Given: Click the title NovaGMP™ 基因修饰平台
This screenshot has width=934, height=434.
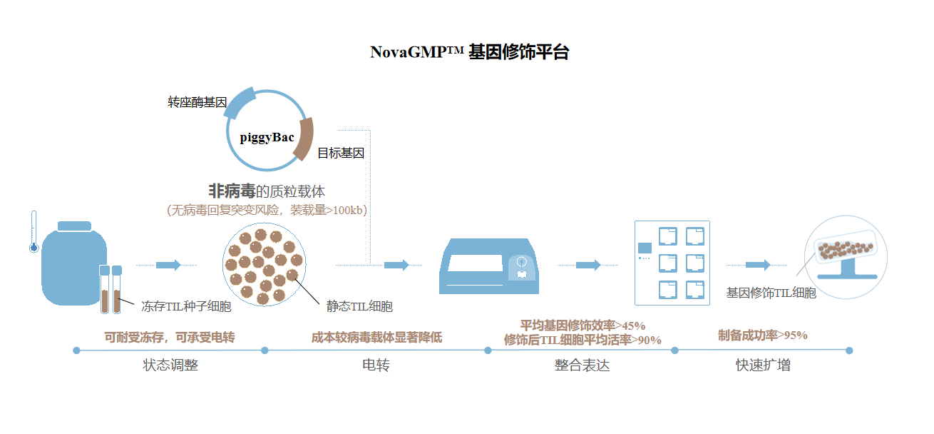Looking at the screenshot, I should pyautogui.click(x=469, y=52).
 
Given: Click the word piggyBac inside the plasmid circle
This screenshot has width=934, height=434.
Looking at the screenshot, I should pyautogui.click(x=267, y=137).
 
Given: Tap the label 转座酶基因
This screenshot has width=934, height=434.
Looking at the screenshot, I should pyautogui.click(x=197, y=103).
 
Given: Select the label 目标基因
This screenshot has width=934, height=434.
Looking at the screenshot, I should pyautogui.click(x=341, y=153).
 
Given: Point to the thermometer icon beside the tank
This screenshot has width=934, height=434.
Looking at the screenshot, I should pyautogui.click(x=33, y=232).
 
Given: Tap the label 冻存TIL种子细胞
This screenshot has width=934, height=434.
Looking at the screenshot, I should pyautogui.click(x=186, y=307).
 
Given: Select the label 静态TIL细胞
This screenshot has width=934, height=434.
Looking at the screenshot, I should pyautogui.click(x=359, y=307).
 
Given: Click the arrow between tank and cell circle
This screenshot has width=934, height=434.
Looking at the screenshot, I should pyautogui.click(x=168, y=265).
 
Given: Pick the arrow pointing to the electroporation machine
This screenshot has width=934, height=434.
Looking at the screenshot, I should pyautogui.click(x=396, y=265).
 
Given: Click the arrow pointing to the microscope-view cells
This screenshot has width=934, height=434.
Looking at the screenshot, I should pyautogui.click(x=758, y=265).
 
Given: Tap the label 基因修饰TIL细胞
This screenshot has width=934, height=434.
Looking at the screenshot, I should pyautogui.click(x=771, y=293).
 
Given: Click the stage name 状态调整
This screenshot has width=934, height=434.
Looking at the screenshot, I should pyautogui.click(x=170, y=365).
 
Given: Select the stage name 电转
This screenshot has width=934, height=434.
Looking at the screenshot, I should pyautogui.click(x=376, y=365).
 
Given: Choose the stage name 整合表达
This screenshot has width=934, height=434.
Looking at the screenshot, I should pyautogui.click(x=582, y=365).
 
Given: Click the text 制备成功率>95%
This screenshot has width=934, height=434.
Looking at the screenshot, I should pyautogui.click(x=762, y=335).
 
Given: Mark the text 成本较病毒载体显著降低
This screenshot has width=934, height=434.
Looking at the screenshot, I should pyautogui.click(x=376, y=338).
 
